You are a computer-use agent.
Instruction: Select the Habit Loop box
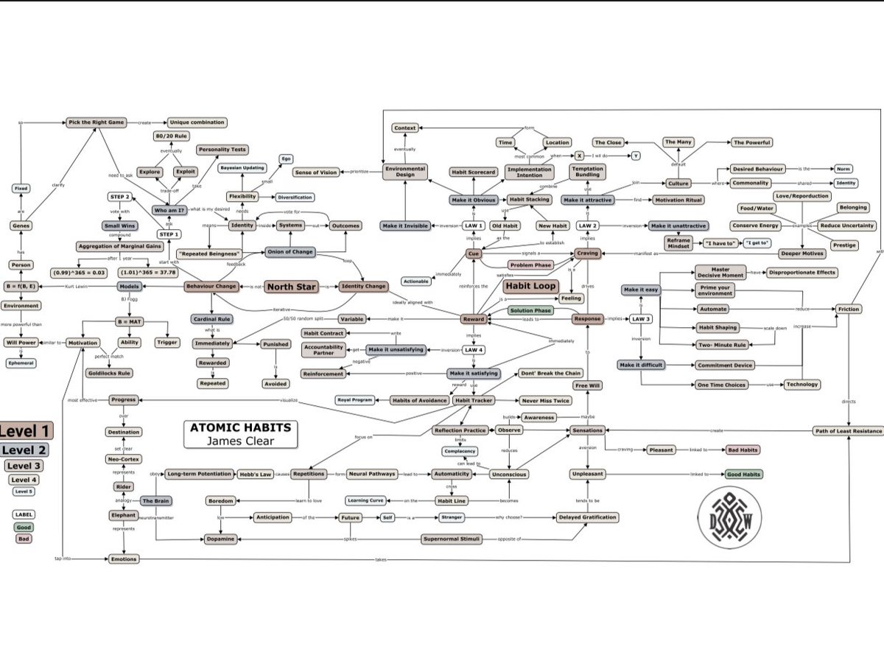coord(530,286)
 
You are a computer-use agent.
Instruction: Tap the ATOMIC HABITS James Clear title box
coord(240,434)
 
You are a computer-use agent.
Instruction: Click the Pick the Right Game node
coord(96,122)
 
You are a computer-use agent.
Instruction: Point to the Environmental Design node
coord(405,172)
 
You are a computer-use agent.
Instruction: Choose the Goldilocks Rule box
coord(109,374)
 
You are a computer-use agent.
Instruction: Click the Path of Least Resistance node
coord(847,430)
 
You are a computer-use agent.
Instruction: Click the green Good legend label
coord(24,528)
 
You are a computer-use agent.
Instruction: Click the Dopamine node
coord(225,539)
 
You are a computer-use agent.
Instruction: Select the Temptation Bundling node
coord(587,172)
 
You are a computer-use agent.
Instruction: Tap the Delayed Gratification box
coord(586,517)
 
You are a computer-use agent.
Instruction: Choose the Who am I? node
coord(169,211)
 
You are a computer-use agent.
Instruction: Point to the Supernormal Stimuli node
coord(452,539)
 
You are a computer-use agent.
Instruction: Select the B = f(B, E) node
coord(21,287)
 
